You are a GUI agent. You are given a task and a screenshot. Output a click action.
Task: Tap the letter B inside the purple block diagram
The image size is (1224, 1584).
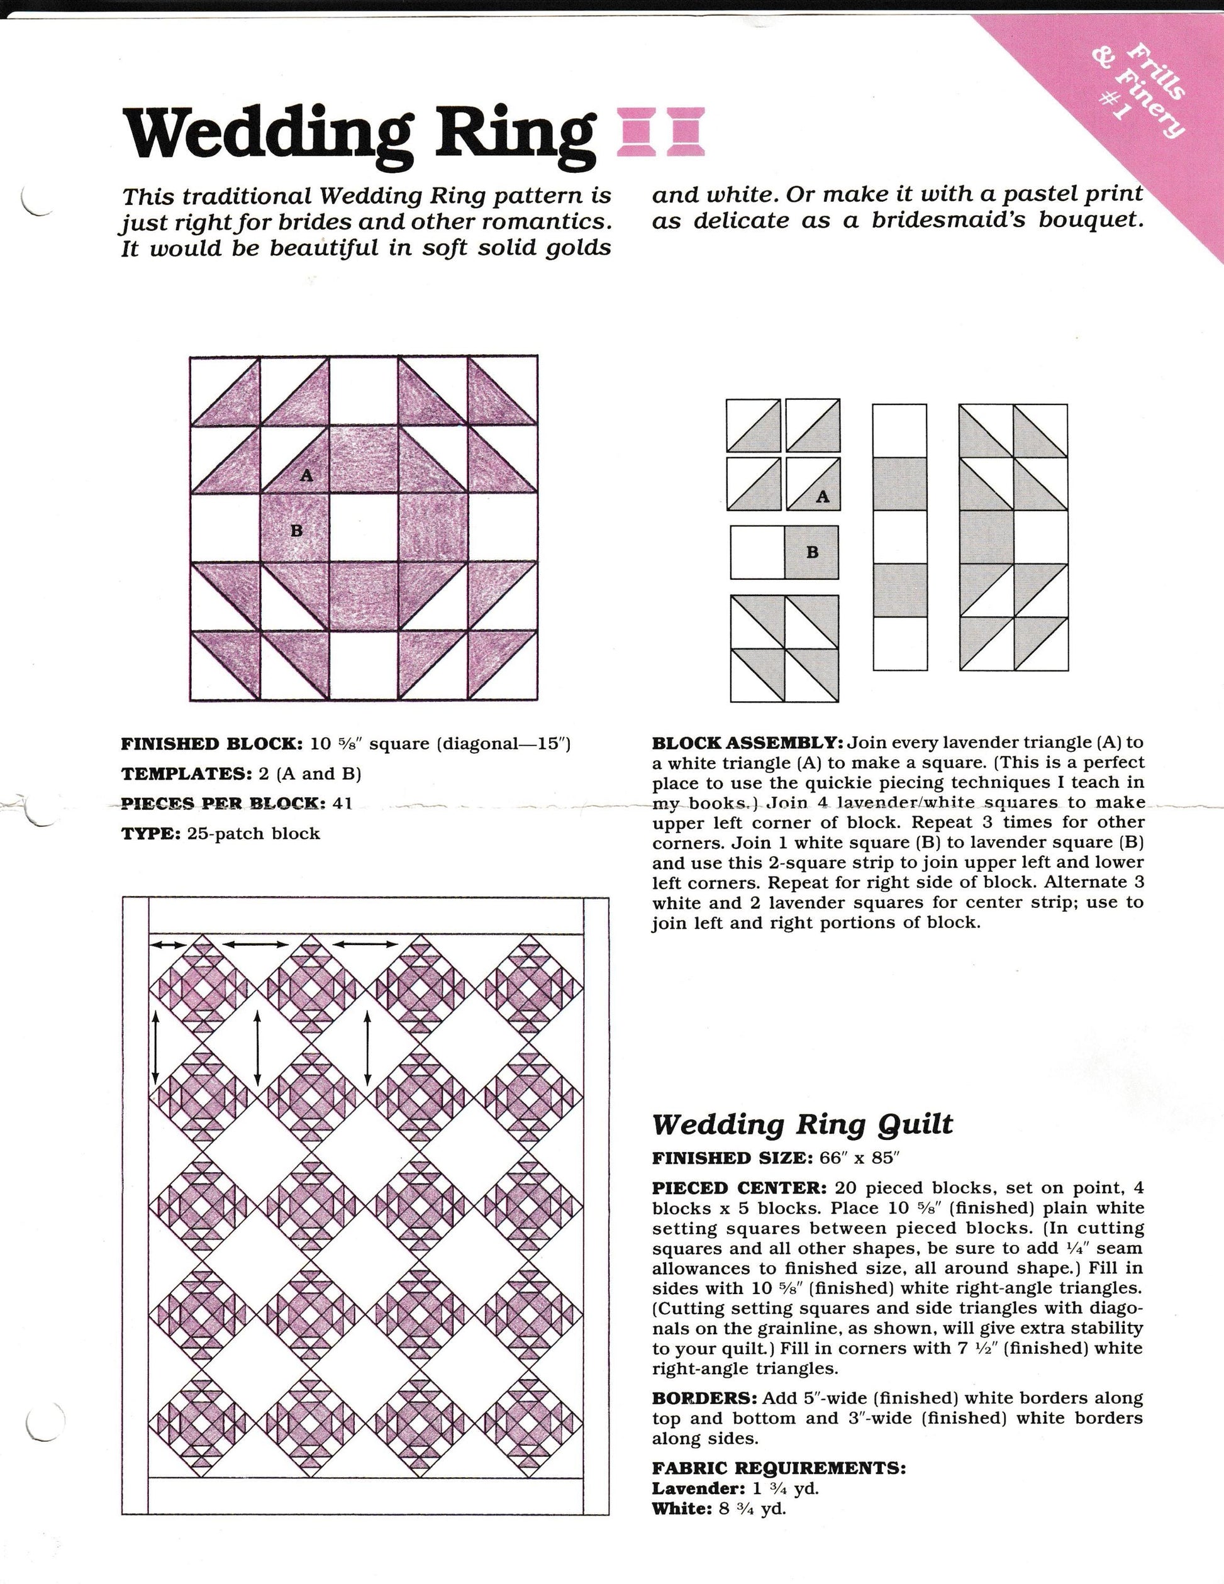296,531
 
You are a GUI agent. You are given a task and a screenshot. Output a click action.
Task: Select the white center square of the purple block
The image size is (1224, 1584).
364,529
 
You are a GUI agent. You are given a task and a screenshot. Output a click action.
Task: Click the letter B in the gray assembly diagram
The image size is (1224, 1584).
812,552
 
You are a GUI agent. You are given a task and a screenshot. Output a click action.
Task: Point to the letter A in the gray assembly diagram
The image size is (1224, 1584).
822,497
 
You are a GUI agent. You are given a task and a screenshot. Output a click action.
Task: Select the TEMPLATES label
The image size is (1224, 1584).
185,774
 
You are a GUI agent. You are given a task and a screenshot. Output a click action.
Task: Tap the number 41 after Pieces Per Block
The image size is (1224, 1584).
342,804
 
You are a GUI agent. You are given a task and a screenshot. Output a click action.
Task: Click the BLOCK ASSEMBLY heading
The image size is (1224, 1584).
747,743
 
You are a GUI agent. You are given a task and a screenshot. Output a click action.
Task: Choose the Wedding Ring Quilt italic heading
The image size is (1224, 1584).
802,1125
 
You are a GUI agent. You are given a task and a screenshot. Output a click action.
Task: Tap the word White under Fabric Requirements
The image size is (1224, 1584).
682,1509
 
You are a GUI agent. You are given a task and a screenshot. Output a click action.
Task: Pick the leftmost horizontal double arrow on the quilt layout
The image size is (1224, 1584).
167,944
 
